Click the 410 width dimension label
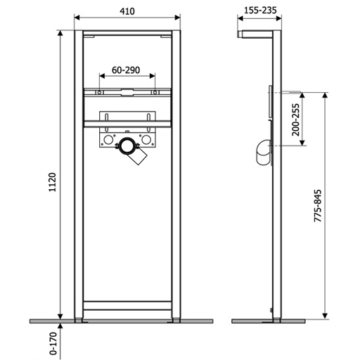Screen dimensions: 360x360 coord(127,11)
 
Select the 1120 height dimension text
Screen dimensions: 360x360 coord(52,182)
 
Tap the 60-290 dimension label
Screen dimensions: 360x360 coord(126,70)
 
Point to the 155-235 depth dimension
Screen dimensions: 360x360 coord(260,11)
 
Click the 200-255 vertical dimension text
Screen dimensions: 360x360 coord(296,120)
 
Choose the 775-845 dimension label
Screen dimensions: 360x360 coord(318,205)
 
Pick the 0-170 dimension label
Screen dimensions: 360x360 coord(53,343)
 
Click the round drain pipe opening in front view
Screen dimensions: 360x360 coord(128,146)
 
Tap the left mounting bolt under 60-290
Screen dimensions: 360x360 coord(99,92)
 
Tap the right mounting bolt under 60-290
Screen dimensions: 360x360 coord(155,92)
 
